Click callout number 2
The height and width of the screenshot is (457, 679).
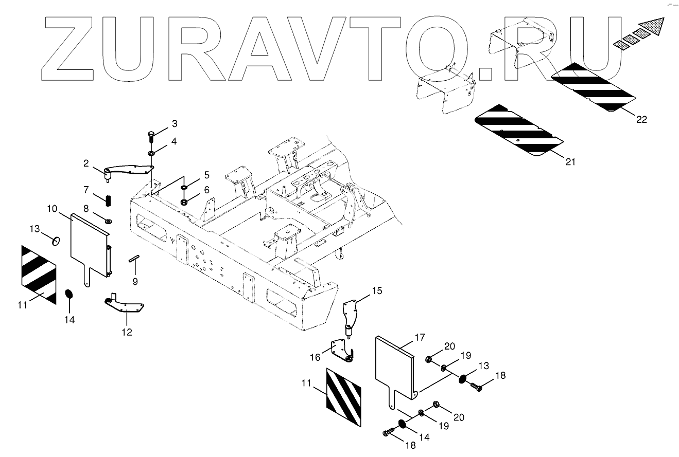[87, 163]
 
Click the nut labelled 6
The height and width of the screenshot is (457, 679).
[184, 200]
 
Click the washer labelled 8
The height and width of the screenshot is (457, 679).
[109, 221]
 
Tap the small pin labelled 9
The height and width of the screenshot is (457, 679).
[134, 259]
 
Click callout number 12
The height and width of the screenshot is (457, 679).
[127, 332]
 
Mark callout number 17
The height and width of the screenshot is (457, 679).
[420, 338]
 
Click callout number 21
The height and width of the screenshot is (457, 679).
[570, 162]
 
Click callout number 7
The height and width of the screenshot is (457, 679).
[86, 190]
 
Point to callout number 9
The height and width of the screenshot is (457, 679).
[135, 281]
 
